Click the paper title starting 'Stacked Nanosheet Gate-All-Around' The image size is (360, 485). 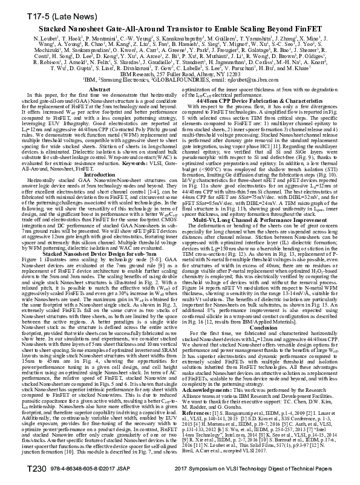(x=180, y=28)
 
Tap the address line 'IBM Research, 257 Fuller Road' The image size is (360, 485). (x=180, y=75)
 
